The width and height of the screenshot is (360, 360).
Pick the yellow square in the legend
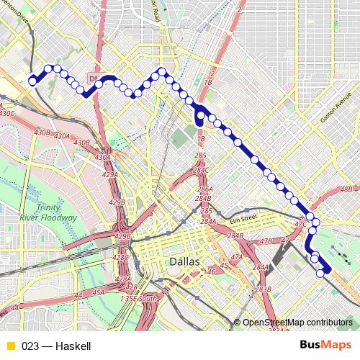(10, 346)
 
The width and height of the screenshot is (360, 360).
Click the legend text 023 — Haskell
(56, 346)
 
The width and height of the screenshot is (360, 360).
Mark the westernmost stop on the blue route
(32, 81)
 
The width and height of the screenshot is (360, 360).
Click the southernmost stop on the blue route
(320, 273)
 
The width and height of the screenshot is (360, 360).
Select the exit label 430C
(7, 113)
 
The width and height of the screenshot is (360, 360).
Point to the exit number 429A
(109, 175)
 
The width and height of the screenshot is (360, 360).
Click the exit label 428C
(120, 257)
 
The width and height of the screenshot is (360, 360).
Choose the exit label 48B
(346, 189)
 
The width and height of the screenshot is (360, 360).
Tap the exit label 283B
(263, 289)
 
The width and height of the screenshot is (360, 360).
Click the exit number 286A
(203, 189)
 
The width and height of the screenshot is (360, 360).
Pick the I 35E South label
(138, 299)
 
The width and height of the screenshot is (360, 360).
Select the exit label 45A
(98, 292)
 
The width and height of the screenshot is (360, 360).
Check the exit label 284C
(200, 170)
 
